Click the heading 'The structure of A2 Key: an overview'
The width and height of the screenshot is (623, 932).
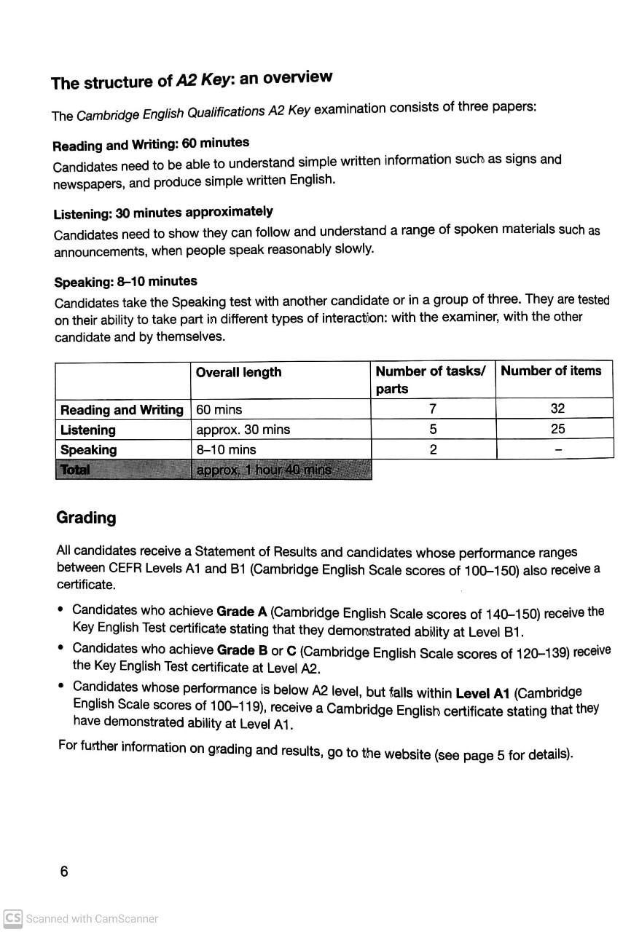click(192, 80)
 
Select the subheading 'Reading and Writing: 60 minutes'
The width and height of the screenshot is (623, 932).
click(151, 143)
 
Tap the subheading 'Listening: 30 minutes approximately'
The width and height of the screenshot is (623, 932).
click(163, 213)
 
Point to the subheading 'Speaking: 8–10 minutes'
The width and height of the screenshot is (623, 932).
click(125, 282)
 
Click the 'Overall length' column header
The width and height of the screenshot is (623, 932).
click(238, 372)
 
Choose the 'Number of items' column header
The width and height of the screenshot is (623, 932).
click(551, 371)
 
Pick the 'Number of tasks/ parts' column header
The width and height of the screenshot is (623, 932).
click(430, 379)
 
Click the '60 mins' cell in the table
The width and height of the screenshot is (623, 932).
click(219, 409)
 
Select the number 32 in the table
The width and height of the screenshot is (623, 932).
click(557, 408)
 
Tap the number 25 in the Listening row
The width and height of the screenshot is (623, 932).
click(557, 429)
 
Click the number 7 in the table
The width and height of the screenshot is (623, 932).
click(433, 409)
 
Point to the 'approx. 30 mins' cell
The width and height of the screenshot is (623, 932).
click(243, 430)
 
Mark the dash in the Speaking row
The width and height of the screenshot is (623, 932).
click(557, 451)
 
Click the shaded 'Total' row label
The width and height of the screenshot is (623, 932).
click(75, 470)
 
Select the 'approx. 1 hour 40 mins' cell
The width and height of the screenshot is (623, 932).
click(264, 470)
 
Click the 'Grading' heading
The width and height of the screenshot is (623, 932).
click(86, 518)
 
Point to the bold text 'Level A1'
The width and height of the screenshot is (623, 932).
click(482, 693)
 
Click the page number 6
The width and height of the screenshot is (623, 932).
click(64, 872)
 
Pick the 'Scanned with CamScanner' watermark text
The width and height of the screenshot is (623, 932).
click(92, 919)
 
